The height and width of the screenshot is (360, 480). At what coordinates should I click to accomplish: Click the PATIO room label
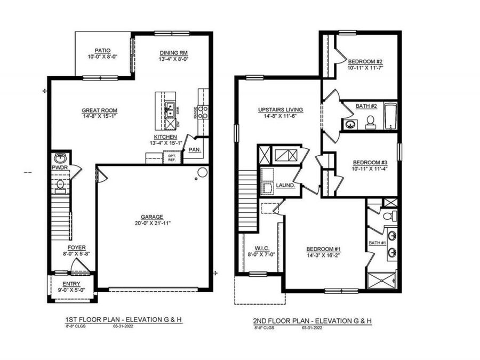click(103, 51)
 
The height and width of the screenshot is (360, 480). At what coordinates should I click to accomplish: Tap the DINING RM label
click(174, 52)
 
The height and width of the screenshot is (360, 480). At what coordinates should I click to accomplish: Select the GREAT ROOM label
click(99, 110)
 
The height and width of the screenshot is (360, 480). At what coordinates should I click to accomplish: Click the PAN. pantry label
click(195, 150)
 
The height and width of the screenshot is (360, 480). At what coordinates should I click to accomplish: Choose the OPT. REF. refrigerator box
click(172, 157)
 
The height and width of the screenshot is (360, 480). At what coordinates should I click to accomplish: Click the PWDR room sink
click(60, 158)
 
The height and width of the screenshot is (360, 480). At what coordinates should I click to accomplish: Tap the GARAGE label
click(151, 217)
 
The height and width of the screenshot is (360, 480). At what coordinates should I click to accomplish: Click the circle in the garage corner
click(202, 172)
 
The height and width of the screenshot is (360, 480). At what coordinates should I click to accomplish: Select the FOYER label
click(76, 247)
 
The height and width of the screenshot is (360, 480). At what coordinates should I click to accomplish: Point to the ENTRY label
click(71, 284)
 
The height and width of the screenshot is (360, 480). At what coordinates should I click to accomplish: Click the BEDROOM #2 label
click(365, 61)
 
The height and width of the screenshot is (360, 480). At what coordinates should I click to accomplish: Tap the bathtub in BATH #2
click(390, 116)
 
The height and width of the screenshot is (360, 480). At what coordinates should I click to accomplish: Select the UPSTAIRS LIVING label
click(280, 110)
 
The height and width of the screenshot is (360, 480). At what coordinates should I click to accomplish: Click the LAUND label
click(285, 185)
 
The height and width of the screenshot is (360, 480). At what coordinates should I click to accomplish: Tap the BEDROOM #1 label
click(323, 249)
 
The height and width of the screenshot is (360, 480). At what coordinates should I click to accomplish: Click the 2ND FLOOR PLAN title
click(312, 321)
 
